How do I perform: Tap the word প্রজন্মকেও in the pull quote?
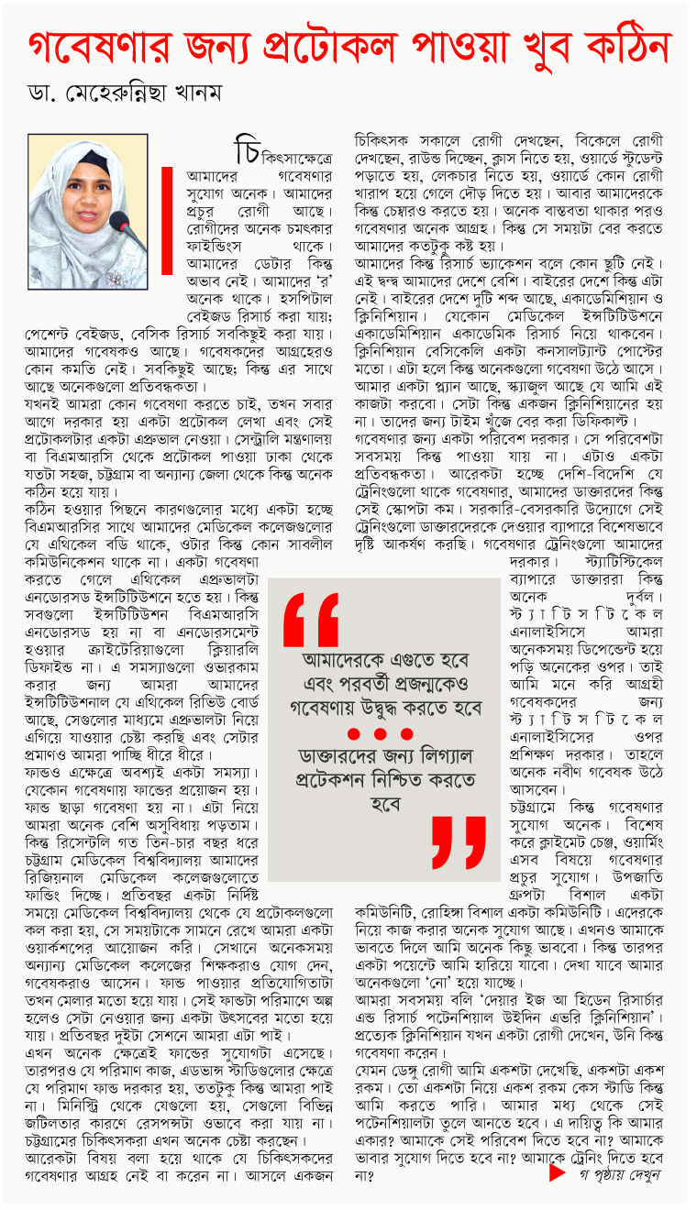click(419, 684)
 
